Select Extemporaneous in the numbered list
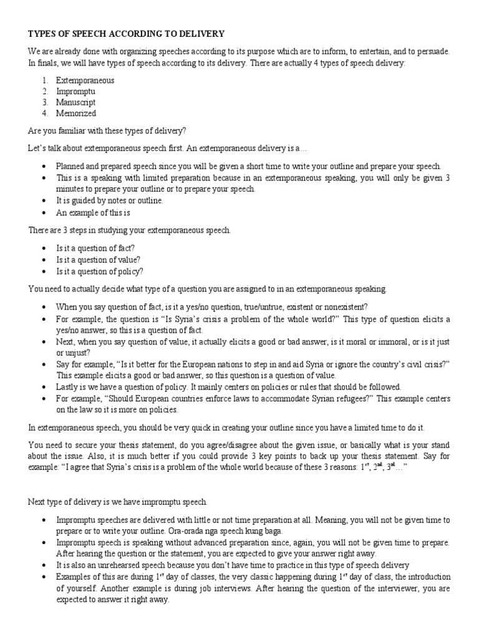(x=85, y=80)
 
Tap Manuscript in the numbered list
(x=75, y=102)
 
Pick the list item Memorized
(x=76, y=114)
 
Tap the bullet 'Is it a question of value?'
(x=98, y=260)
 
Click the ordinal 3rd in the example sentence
(x=391, y=467)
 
